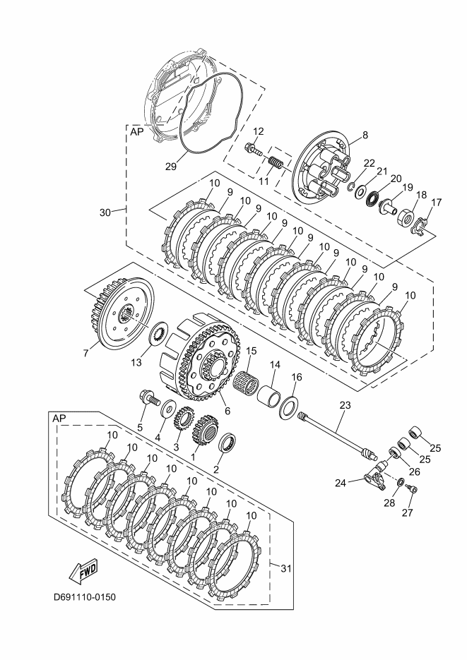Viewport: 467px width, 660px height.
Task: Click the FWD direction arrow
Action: pyautogui.click(x=82, y=572)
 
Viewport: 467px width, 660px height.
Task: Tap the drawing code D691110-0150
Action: pyautogui.click(x=84, y=597)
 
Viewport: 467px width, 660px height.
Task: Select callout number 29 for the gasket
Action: pyautogui.click(x=170, y=167)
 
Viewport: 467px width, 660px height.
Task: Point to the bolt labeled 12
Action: pyautogui.click(x=253, y=149)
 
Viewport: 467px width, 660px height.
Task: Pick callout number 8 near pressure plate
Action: pyautogui.click(x=365, y=135)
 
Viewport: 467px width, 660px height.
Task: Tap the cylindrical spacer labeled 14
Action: pyautogui.click(x=269, y=397)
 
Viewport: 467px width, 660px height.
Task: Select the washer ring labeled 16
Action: pyautogui.click(x=289, y=407)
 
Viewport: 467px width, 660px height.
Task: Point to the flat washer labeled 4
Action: pyautogui.click(x=169, y=408)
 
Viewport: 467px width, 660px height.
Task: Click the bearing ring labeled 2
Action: pyautogui.click(x=229, y=443)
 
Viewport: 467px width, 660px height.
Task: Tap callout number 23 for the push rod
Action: pyautogui.click(x=345, y=405)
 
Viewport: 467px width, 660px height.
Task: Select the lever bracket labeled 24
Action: pyautogui.click(x=374, y=479)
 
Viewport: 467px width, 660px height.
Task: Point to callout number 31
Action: pyautogui.click(x=286, y=568)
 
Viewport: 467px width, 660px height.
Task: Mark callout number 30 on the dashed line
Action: pyautogui.click(x=105, y=212)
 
